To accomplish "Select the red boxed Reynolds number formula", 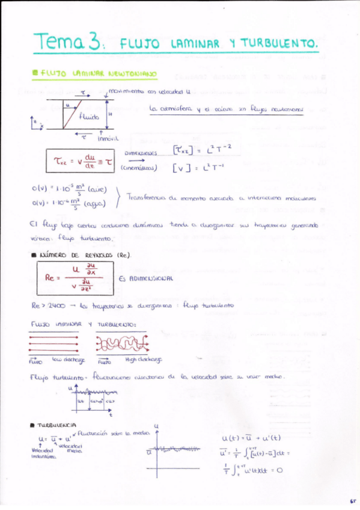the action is [71, 277].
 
